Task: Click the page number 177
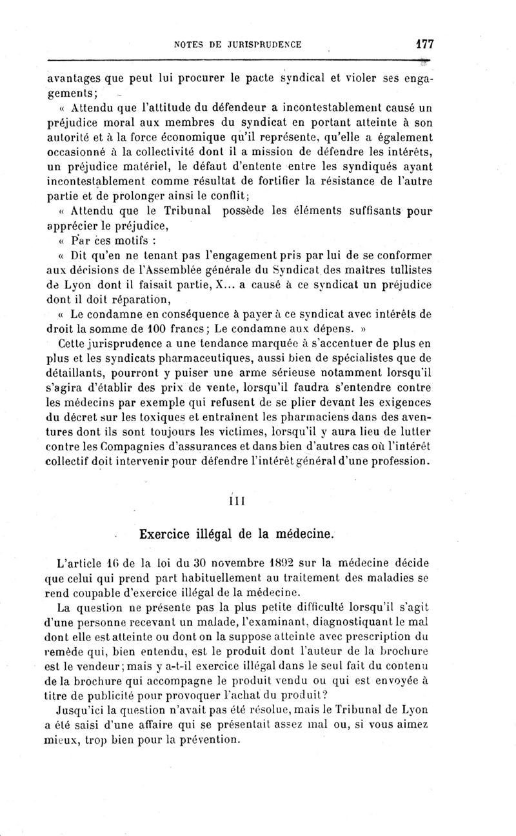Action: [x=424, y=44]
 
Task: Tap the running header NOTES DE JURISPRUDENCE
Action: [x=238, y=45]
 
